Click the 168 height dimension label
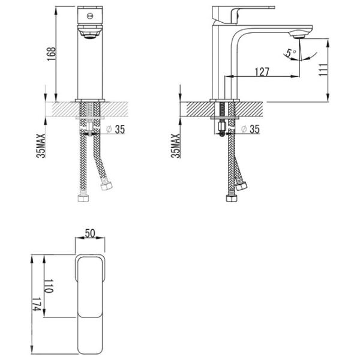coord(52,54)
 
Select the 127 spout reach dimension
coord(262,72)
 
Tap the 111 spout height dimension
coord(323,70)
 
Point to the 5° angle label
coord(291,53)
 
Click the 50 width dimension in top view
coord(90,233)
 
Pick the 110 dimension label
coord(49,286)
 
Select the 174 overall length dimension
coord(36,304)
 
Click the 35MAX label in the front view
coord(41,146)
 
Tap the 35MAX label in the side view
coord(176,146)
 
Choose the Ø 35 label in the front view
coord(116,130)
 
